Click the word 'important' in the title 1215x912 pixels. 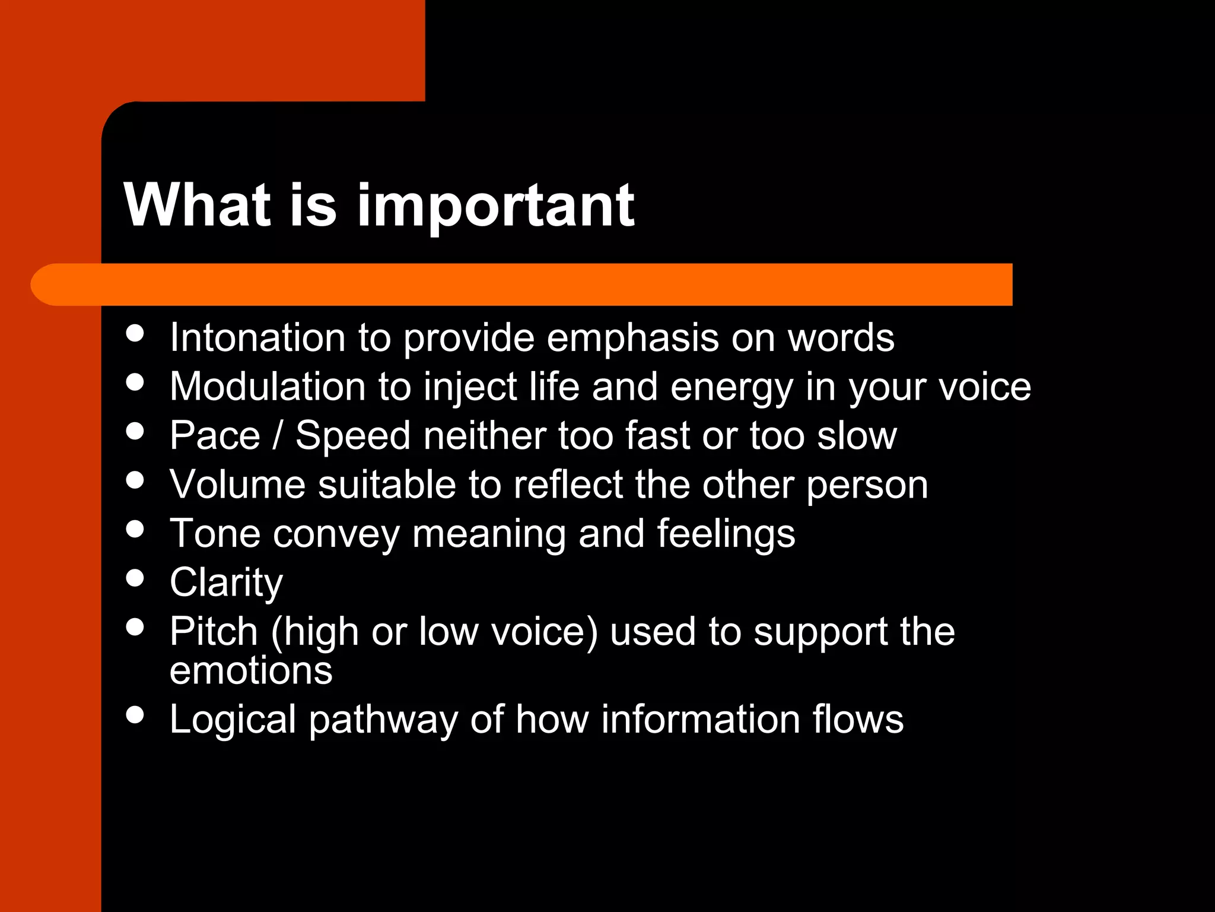495,206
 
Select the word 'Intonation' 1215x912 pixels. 257,337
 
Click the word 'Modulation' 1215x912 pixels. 268,387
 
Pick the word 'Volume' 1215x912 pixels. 237,484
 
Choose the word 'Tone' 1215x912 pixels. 215,533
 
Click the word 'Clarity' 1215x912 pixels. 226,583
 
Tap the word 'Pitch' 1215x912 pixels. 214,631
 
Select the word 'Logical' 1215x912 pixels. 233,720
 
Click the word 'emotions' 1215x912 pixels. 251,670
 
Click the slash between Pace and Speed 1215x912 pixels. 277,435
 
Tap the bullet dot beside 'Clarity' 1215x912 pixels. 136,578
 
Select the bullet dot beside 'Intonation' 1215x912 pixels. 136,332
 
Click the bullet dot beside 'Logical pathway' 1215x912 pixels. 136,714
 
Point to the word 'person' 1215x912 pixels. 867,486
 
